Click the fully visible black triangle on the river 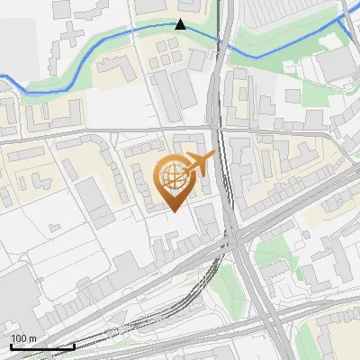click(x=181, y=24)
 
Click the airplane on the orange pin click(x=199, y=164)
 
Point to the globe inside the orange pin click(x=171, y=178)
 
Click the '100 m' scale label click(x=24, y=339)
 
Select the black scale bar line click(x=41, y=346)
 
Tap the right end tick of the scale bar click(x=74, y=345)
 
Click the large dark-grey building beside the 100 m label click(x=16, y=297)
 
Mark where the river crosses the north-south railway click(x=219, y=38)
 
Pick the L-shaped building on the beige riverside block click(x=112, y=68)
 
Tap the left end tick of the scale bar click(x=10, y=345)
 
